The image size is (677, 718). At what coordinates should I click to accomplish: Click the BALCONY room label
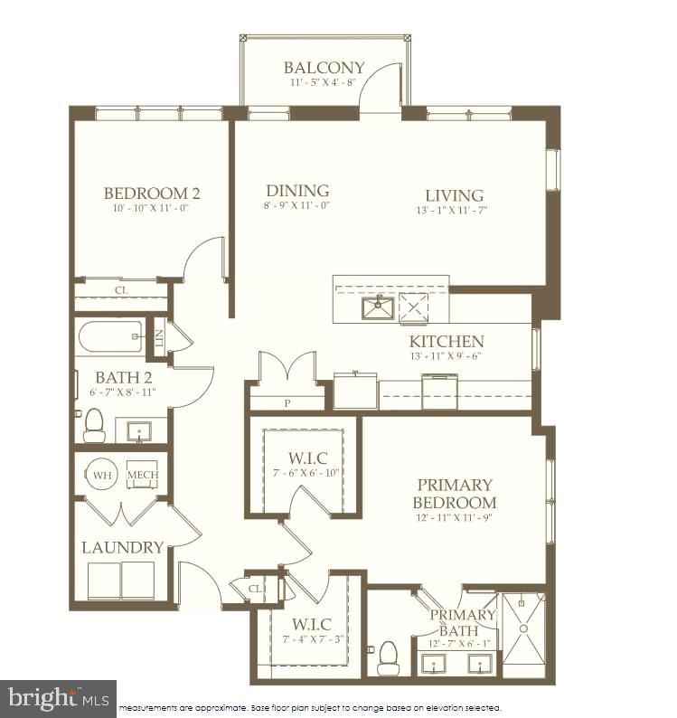(x=324, y=68)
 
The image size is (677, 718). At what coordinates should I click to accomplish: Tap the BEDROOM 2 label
(x=151, y=193)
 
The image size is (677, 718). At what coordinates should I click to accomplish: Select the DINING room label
(x=296, y=191)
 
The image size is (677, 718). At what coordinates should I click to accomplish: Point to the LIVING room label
(x=454, y=195)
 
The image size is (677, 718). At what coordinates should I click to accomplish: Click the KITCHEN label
(x=447, y=342)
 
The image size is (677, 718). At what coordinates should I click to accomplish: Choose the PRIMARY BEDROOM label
(x=454, y=494)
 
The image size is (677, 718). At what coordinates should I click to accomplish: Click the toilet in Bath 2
(x=94, y=426)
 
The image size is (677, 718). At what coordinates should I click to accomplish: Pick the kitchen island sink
(x=377, y=307)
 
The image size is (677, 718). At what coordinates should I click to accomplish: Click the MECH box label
(x=141, y=475)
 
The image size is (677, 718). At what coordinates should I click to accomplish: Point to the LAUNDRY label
(x=123, y=547)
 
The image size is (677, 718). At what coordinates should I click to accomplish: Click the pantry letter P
(x=287, y=403)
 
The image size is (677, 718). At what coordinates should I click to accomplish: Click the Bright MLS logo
(x=58, y=698)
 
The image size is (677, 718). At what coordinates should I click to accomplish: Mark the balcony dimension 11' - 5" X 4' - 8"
(x=324, y=82)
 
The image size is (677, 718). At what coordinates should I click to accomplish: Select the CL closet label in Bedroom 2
(x=120, y=290)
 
